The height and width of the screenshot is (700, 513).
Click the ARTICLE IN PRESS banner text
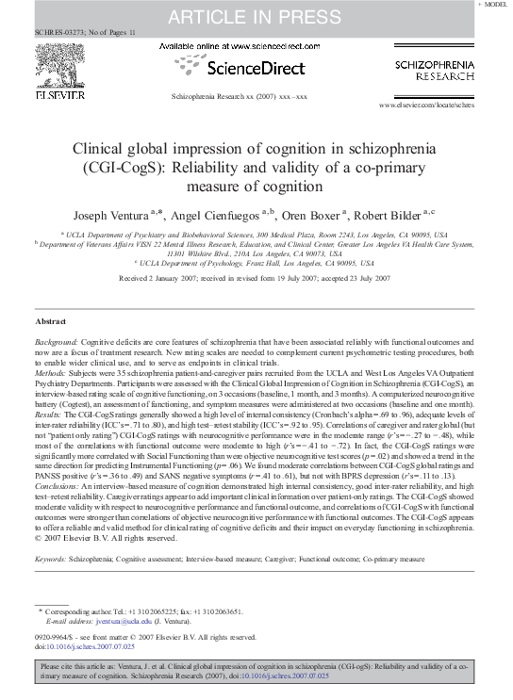(x=256, y=15)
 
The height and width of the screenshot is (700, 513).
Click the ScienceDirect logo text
(x=256, y=68)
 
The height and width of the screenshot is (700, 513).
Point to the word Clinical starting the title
(x=99, y=152)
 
